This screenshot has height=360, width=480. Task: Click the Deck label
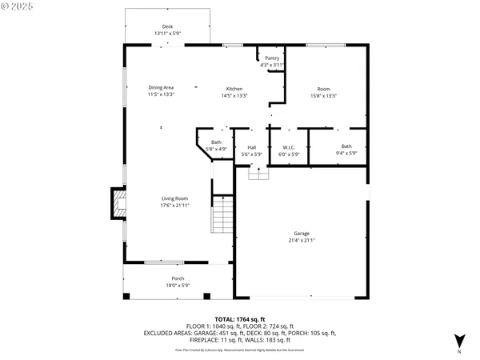click(x=167, y=27)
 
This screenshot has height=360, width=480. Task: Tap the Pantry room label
click(x=272, y=58)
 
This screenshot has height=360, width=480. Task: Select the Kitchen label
click(x=234, y=89)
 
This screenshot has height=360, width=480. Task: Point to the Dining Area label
click(x=161, y=89)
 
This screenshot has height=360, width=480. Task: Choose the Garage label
click(x=301, y=234)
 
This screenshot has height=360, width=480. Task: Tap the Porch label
click(x=155, y=278)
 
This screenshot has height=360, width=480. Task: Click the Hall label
click(x=251, y=147)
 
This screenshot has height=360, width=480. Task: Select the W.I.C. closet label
click(x=290, y=147)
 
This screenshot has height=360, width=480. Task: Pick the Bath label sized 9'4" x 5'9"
click(x=346, y=146)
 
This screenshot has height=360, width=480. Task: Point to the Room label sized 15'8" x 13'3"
click(x=323, y=89)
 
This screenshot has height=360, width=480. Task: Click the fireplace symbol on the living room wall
click(x=118, y=203)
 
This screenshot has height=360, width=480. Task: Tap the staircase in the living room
click(x=222, y=216)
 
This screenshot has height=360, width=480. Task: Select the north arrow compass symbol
click(x=458, y=341)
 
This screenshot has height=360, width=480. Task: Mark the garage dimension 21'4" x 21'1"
click(x=301, y=240)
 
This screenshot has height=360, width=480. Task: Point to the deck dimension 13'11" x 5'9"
click(x=167, y=34)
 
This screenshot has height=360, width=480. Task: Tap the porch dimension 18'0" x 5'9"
click(x=155, y=285)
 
